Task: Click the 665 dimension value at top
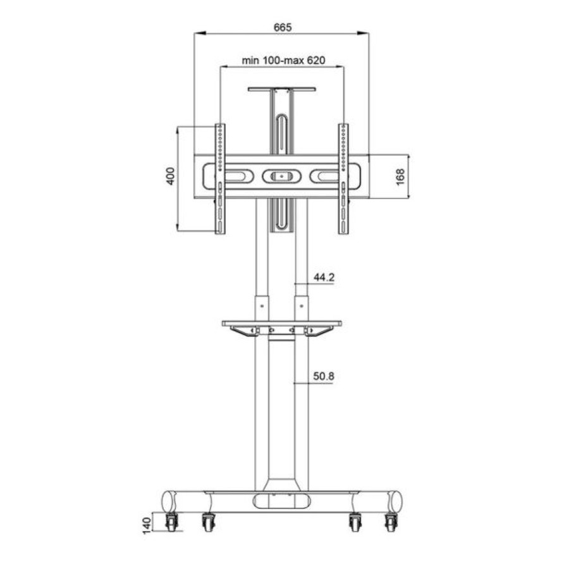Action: (x=283, y=27)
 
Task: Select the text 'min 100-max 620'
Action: (x=283, y=60)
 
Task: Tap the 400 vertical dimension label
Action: (x=171, y=176)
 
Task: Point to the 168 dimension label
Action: (x=400, y=177)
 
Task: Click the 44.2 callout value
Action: (x=324, y=278)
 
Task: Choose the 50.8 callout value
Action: (x=324, y=376)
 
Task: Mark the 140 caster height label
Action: (x=146, y=525)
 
